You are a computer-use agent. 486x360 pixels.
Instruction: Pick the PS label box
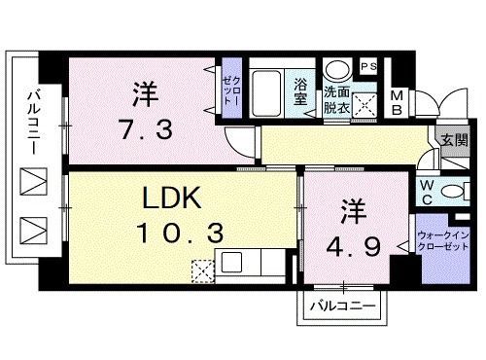[x=370, y=66]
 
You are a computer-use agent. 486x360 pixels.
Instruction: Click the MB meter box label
[x=398, y=101]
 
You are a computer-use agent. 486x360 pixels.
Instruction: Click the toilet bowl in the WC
[x=454, y=190]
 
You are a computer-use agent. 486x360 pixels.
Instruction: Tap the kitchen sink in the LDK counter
[x=233, y=262]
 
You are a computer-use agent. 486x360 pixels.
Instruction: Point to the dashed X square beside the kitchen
[x=202, y=270]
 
